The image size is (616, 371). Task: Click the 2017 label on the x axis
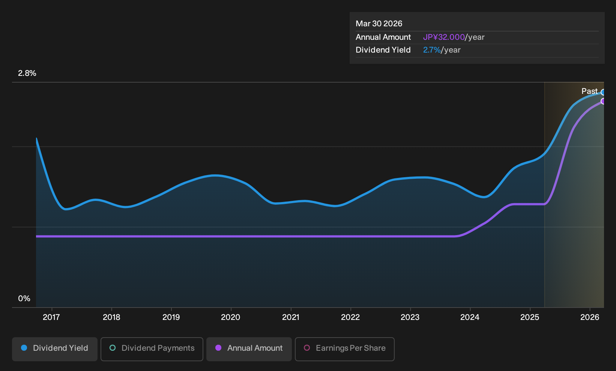tap(51, 317)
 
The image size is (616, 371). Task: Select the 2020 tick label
tap(230, 317)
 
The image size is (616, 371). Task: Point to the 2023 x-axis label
tap(410, 317)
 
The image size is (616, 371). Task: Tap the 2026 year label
tap(590, 317)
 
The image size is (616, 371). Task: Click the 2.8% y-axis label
tap(27, 73)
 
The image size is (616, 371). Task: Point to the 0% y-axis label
tap(24, 299)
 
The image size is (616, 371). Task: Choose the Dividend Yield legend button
tap(55, 349)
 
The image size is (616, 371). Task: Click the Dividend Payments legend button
tap(152, 349)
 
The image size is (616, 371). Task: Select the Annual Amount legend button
tap(249, 349)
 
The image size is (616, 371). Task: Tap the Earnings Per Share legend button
tap(344, 349)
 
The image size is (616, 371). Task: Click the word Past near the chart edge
tap(589, 91)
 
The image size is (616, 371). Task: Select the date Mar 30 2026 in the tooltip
tap(379, 24)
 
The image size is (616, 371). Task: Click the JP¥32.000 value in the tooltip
tap(443, 37)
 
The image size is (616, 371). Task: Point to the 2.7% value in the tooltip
tap(432, 50)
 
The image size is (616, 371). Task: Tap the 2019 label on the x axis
tap(171, 317)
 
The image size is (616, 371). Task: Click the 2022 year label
tap(350, 317)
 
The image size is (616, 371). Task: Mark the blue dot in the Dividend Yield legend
tap(24, 348)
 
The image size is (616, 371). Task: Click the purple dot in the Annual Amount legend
tap(218, 348)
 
